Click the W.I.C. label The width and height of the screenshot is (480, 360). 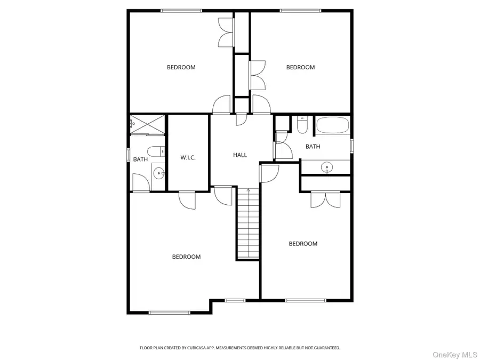[188, 157]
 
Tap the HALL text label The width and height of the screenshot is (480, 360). [240, 155]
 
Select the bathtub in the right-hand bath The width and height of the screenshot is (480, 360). [332, 127]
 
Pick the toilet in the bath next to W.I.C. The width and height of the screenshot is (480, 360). [157, 153]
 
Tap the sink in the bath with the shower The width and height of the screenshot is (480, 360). [158, 173]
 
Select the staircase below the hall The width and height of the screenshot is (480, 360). [248, 224]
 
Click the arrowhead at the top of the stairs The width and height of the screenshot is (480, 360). [248, 189]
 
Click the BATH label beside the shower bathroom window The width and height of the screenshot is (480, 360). [140, 159]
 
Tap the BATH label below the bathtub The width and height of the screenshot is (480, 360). [313, 147]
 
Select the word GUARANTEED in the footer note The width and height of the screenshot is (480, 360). [326, 348]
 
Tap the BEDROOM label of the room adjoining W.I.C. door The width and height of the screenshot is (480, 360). [186, 257]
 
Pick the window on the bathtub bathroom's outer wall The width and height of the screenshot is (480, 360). [352, 145]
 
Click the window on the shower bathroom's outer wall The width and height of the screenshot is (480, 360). [128, 154]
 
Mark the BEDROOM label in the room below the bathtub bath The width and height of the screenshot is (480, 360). [303, 244]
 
